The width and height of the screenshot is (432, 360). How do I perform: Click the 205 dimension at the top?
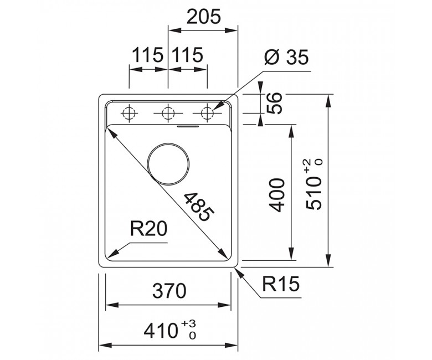click(x=204, y=16)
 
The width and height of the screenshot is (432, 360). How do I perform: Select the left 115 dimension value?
click(x=148, y=55)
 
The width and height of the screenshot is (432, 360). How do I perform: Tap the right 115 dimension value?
click(x=188, y=55)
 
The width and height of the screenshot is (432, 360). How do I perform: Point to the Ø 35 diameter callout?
click(x=286, y=57)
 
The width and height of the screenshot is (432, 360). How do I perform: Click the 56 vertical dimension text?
click(x=274, y=103)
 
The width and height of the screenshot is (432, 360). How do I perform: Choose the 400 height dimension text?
click(x=276, y=195)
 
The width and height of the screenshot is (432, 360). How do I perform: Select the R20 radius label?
click(x=148, y=229)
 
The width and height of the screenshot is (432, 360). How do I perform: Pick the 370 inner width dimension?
click(x=169, y=291)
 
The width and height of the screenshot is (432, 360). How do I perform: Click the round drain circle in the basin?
click(x=168, y=164)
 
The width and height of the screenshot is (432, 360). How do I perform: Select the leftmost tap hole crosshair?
click(x=129, y=113)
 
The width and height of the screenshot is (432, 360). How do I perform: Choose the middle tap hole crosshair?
click(x=168, y=113)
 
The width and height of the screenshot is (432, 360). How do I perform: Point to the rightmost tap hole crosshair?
click(x=207, y=113)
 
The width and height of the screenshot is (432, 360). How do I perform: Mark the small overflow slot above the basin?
click(x=188, y=127)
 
